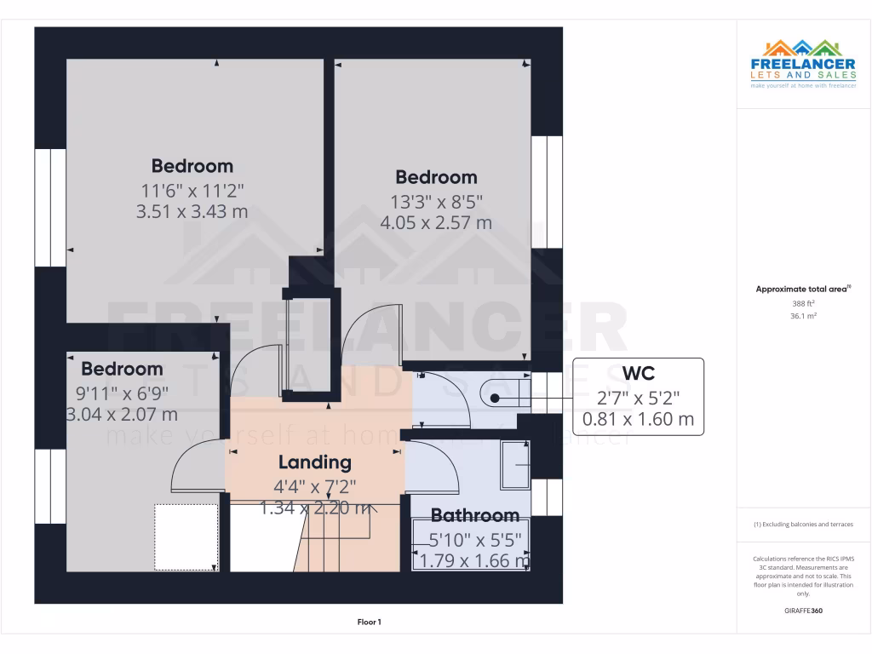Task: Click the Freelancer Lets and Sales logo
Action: (x=803, y=63)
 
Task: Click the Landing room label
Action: (x=314, y=462)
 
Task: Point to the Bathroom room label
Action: (x=474, y=515)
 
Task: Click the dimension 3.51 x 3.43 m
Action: (x=192, y=211)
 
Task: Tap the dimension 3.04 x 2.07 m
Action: (x=122, y=415)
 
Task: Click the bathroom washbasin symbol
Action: (x=514, y=464)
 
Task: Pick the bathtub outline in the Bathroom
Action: (x=471, y=546)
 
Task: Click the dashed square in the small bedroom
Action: (x=185, y=536)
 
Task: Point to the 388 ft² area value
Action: (x=803, y=303)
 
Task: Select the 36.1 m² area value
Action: (x=803, y=316)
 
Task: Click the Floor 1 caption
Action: (x=369, y=622)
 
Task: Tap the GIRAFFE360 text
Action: (x=803, y=611)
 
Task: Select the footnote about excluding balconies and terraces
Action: (x=803, y=525)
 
